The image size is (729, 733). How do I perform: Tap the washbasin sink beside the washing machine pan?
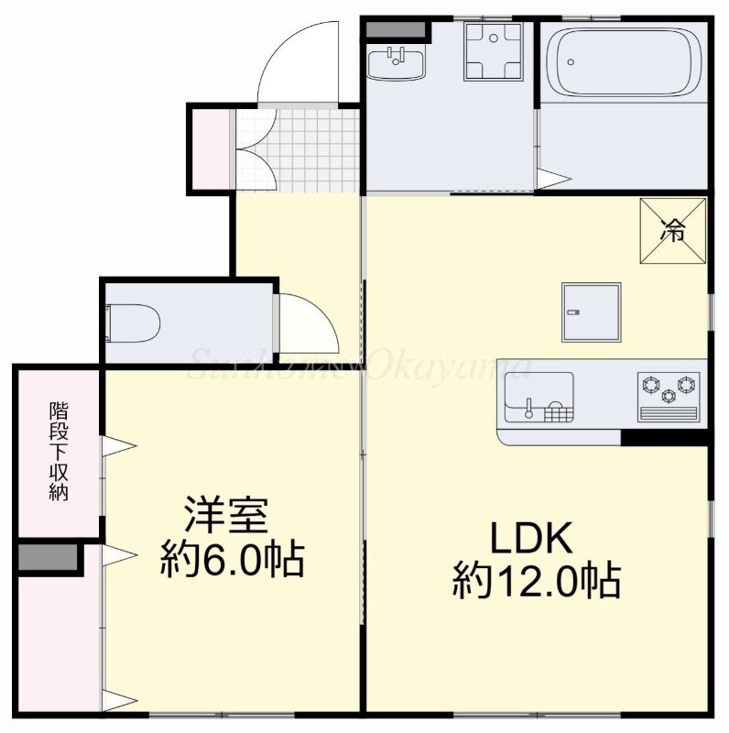(397, 63)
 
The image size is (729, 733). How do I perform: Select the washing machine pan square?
(494, 50)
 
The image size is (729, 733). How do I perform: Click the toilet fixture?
(136, 323)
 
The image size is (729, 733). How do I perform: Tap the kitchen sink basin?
(537, 398)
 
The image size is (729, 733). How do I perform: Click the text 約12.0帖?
(537, 582)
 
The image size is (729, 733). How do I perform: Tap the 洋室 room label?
(227, 515)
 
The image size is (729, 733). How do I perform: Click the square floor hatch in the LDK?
(592, 312)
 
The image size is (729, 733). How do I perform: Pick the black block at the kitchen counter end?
(665, 438)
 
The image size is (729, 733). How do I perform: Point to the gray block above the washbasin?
(396, 28)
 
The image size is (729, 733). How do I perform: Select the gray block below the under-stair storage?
(48, 558)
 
